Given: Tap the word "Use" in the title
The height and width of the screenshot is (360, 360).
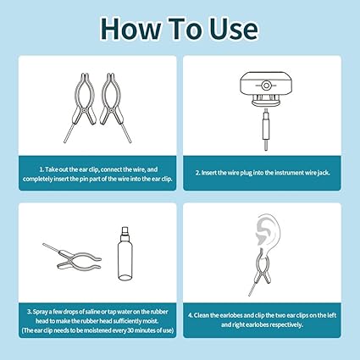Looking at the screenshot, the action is pos(234,29).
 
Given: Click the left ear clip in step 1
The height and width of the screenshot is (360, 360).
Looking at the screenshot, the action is pos(81,105).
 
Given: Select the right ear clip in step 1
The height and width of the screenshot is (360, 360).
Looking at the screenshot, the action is pos(114,105).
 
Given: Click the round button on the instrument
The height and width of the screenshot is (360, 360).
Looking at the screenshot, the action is pos(265,86).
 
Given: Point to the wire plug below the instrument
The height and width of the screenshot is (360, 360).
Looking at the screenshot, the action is pos(265,130).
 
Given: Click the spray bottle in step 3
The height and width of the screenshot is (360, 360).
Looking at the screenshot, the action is pos(125,253).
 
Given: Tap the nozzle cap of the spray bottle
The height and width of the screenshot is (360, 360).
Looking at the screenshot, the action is pos(125,231).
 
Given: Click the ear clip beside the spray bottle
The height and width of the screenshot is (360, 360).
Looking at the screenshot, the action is pos(72,256).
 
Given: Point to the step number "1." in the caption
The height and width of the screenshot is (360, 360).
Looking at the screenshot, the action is pos(42,169).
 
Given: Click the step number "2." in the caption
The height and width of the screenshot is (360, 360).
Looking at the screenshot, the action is pos(198,173).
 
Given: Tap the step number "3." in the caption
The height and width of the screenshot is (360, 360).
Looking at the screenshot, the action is pos(30,312).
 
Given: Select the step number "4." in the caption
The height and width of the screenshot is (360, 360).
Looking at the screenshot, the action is pos(191,315).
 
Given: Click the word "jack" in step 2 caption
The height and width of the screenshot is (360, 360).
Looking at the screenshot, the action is pos(324,173).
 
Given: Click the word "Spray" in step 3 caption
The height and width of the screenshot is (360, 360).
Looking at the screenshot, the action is pos(41,312).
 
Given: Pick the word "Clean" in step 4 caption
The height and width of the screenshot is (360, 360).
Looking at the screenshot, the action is pos(202,315).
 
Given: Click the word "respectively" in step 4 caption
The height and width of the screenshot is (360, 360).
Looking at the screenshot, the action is pos(287,324).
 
